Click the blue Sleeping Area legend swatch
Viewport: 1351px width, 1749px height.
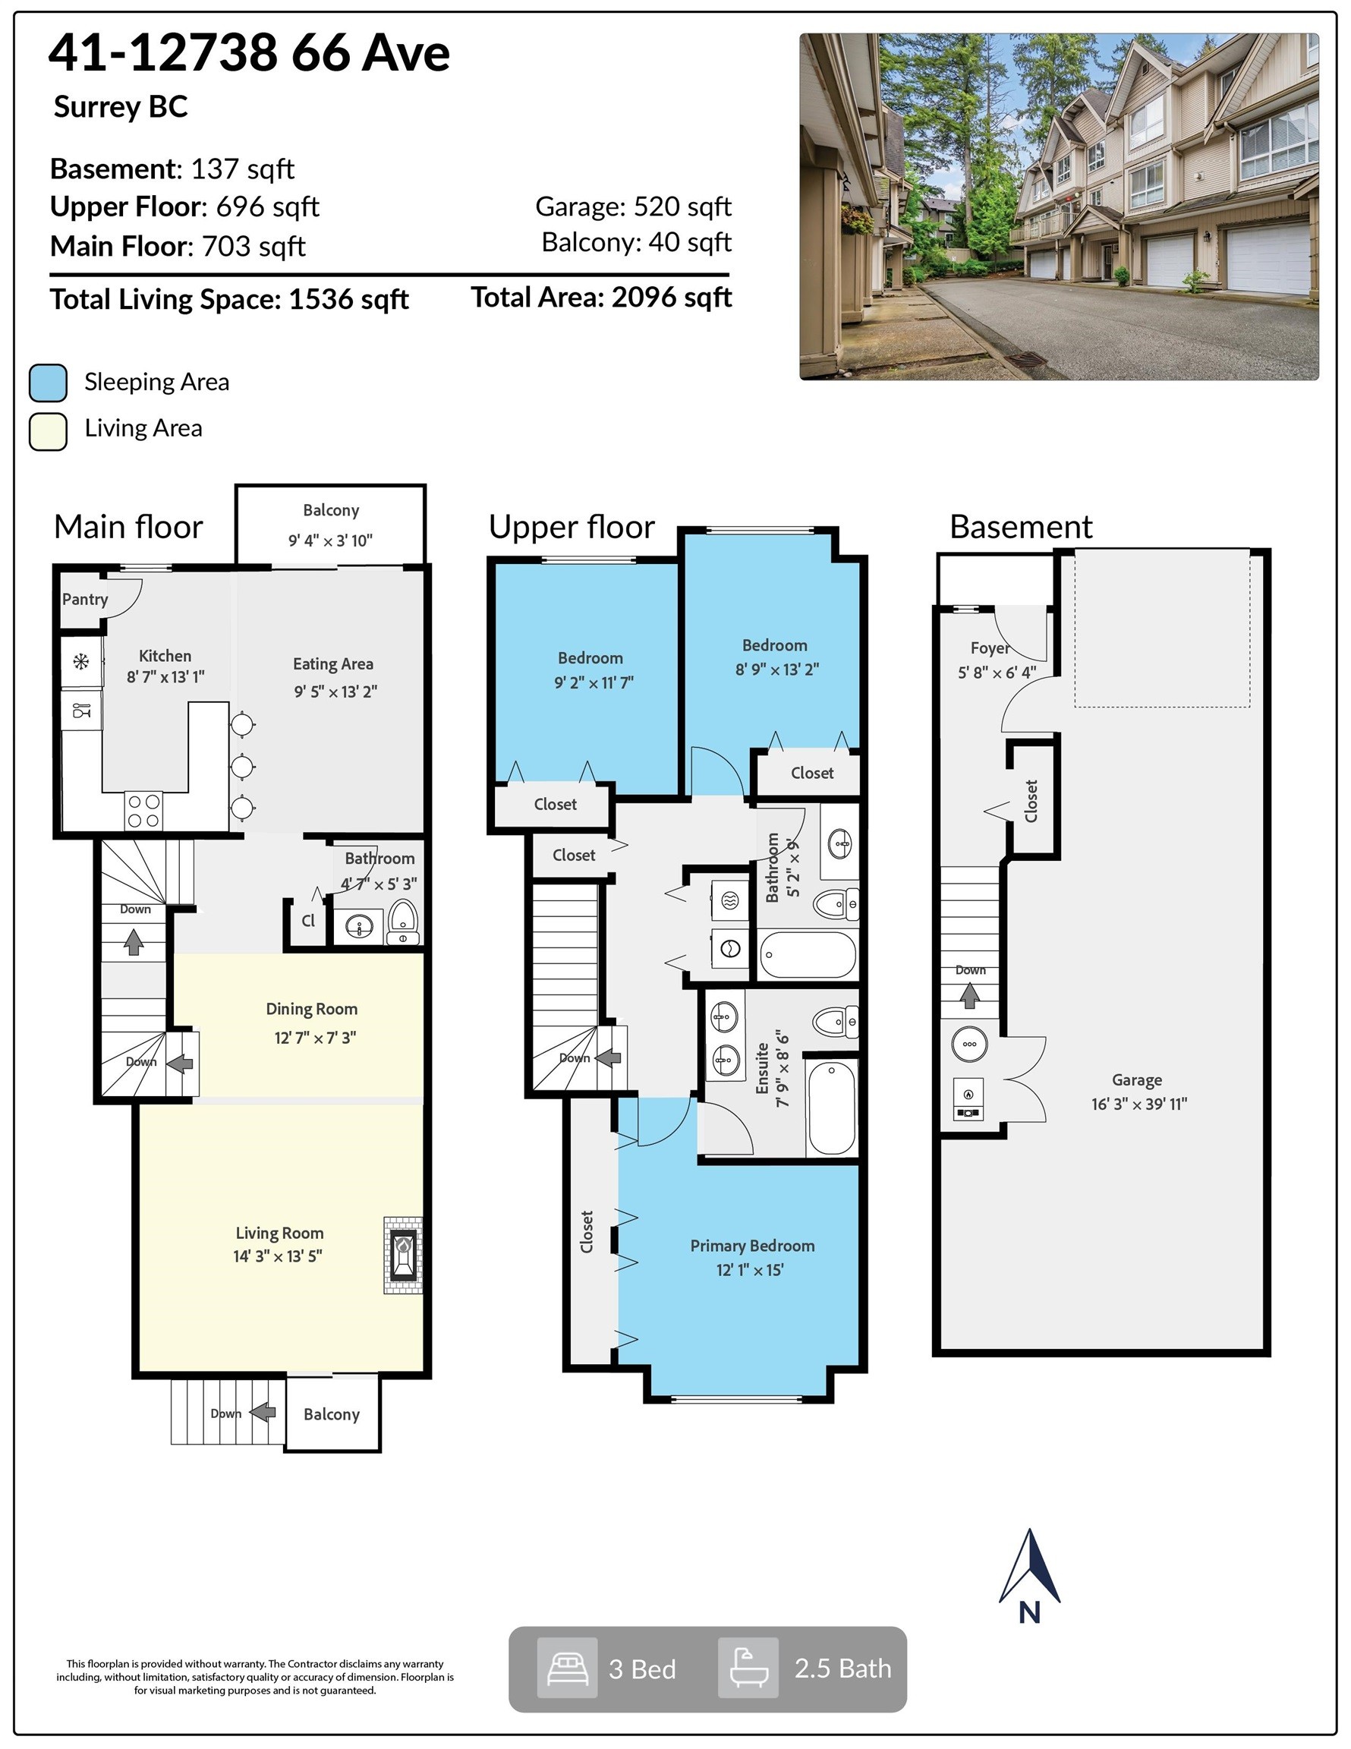pos(48,383)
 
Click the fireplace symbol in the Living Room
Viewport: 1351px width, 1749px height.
pos(403,1255)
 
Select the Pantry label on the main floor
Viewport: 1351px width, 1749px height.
pos(85,599)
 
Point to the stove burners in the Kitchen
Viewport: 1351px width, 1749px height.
pos(144,811)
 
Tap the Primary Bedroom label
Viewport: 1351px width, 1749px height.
pos(752,1245)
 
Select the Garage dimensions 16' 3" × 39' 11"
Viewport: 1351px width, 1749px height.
pos(1138,1104)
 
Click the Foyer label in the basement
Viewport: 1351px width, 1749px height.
pos(990,648)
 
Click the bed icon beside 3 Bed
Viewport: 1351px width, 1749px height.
pos(567,1668)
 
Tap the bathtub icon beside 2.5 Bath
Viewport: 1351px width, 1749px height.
pos(748,1668)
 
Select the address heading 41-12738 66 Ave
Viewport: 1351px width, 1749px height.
pos(249,54)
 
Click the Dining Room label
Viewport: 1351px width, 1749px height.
pos(311,1009)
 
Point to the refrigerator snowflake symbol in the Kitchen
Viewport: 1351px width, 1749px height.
pos(81,661)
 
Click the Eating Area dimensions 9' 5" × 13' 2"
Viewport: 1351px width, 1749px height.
pos(335,691)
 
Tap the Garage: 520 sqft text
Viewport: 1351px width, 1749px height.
pos(633,206)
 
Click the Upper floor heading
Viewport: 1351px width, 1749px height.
pos(571,527)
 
